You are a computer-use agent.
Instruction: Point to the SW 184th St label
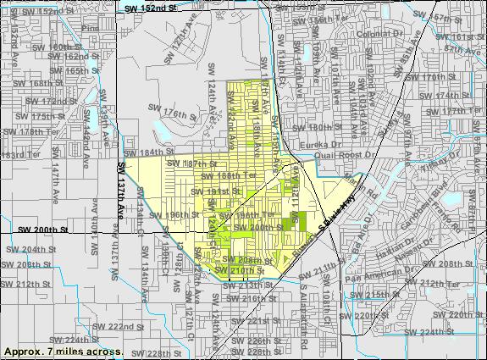coord(141,152)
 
